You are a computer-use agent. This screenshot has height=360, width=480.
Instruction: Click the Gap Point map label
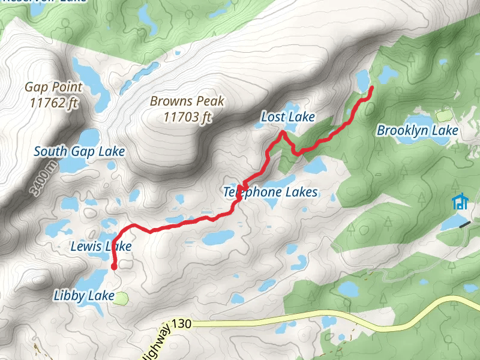click(53, 87)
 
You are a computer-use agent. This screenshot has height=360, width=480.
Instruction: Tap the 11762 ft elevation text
click(53, 103)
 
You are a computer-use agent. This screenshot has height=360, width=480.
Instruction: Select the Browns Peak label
click(187, 101)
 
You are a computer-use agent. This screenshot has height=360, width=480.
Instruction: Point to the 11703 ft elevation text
click(187, 117)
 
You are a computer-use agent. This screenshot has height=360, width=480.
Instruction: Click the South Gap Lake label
click(79, 151)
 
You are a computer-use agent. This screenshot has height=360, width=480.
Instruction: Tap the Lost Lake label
click(287, 117)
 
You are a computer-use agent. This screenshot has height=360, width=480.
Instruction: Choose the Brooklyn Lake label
click(417, 130)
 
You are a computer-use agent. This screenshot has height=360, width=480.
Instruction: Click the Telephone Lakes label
click(270, 192)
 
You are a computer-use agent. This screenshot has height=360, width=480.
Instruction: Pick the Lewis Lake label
click(101, 246)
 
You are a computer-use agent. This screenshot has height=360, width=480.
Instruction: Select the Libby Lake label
click(84, 295)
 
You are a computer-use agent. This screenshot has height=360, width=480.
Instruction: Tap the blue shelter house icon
click(460, 202)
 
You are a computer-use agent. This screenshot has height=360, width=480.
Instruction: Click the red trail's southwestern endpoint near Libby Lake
click(113, 267)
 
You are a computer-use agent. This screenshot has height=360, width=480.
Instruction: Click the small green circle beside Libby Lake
click(122, 297)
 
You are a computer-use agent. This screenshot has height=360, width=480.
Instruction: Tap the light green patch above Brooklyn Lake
click(445, 115)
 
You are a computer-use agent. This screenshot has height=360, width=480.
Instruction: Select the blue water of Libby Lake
click(90, 282)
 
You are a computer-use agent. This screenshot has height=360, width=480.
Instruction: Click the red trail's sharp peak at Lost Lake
click(282, 132)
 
